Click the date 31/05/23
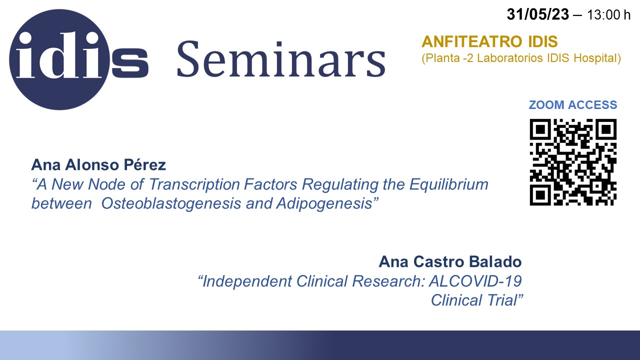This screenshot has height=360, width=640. tap(537, 14)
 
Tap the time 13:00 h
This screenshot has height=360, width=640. tap(608, 15)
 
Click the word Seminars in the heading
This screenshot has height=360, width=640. tap(281, 59)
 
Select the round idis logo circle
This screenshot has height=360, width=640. tap(59, 59)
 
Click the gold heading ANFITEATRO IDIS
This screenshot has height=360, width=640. tap(489, 41)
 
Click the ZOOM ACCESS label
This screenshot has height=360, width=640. tap(573, 105)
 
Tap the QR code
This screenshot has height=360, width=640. tap(573, 162)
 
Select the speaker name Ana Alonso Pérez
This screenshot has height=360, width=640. tap(98, 165)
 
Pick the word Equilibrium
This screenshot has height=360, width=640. tap(449, 184)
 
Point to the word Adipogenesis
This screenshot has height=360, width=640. tap(324, 203)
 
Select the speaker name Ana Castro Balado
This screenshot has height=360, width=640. tap(450, 261)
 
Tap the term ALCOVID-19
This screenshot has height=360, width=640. tap(475, 281)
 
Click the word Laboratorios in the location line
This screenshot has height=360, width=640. tap(509, 58)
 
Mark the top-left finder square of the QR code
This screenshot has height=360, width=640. tap(540, 129)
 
